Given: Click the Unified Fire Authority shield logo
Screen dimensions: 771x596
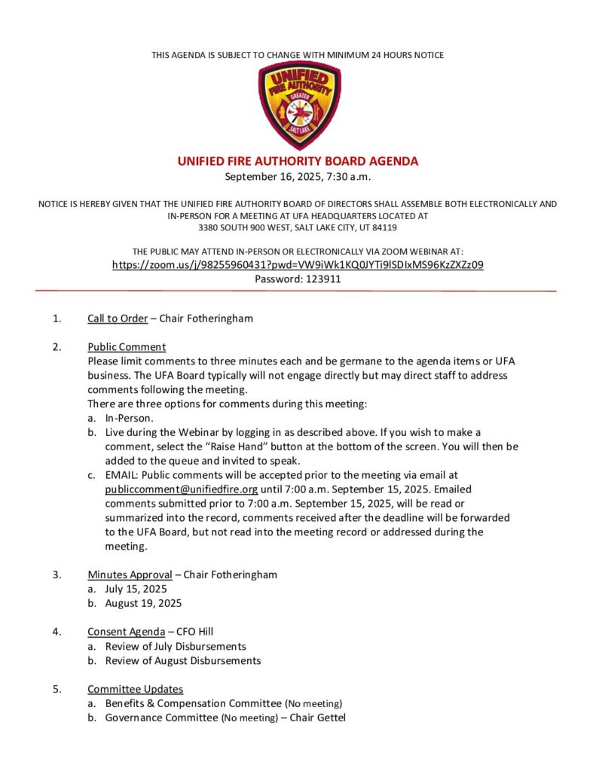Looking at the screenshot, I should [298, 105].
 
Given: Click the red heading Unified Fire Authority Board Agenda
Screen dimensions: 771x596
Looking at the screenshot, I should [298, 161].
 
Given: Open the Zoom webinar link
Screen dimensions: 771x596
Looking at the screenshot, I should [298, 265].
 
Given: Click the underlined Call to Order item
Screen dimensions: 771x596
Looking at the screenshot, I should [118, 318].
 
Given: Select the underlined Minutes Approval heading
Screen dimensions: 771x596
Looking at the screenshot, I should [130, 575].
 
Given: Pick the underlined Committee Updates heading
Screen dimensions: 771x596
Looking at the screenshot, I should [135, 689].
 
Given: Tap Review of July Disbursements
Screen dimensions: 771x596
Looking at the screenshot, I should [176, 647].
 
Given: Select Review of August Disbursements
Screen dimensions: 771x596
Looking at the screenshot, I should [183, 660].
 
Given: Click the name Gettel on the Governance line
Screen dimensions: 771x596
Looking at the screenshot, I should [329, 718].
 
